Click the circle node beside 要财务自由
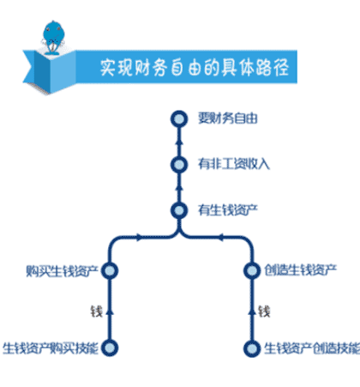(x=178, y=118)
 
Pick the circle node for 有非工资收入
(x=178, y=164)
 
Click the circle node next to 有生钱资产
(x=178, y=209)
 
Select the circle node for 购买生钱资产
(x=110, y=270)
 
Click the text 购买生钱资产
(x=64, y=270)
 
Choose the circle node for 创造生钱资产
(x=251, y=270)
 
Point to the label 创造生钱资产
(x=297, y=270)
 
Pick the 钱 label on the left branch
(x=96, y=309)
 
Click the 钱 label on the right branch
(x=264, y=309)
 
